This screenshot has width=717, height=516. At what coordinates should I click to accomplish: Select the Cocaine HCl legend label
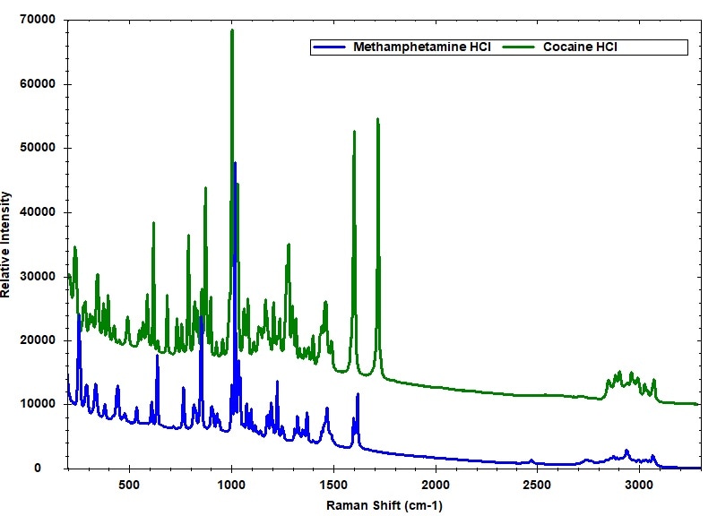[580, 47]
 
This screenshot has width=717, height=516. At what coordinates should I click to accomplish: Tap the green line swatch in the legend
[520, 47]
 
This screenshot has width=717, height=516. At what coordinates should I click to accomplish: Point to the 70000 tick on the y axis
[37, 20]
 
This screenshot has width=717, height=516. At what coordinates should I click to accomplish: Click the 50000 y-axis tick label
[37, 148]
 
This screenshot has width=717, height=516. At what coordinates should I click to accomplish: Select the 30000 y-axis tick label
[37, 276]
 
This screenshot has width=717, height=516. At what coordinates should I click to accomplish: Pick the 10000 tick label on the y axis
[37, 404]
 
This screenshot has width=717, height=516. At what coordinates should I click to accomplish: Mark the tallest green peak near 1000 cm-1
[232, 30]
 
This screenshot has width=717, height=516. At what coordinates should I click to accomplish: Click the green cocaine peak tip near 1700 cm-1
[377, 119]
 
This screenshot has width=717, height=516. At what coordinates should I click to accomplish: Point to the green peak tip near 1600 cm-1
[354, 132]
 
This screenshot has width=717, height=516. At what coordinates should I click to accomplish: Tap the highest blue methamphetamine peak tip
[235, 163]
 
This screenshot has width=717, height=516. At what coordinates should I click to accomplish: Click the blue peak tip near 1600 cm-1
[358, 394]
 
